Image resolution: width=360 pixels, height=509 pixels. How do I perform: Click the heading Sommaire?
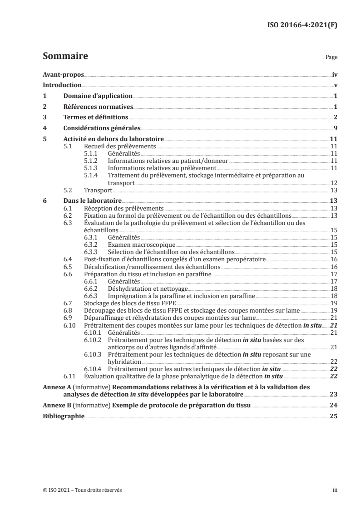pyautogui.click(x=65, y=57)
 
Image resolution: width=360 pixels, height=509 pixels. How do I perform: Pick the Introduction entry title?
pyautogui.click(x=62, y=85)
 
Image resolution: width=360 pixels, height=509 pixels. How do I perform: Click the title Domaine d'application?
pyautogui.click(x=98, y=96)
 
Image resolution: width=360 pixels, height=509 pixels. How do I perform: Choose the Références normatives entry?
pyautogui.click(x=98, y=107)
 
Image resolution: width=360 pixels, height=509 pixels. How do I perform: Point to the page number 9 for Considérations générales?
pyautogui.click(x=336, y=128)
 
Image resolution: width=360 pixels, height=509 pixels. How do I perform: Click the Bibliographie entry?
pyautogui.click(x=63, y=417)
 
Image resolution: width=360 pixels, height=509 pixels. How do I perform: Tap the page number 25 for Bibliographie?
pyautogui.click(x=334, y=417)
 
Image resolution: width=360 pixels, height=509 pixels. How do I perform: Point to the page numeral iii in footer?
pyautogui.click(x=335, y=490)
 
